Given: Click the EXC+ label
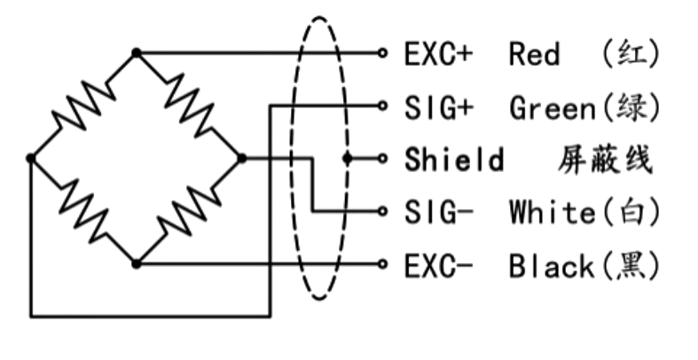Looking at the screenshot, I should tap(438, 54).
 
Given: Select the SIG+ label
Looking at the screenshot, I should tap(438, 107).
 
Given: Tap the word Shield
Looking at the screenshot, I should tap(453, 160).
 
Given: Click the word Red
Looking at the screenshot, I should tap(535, 54).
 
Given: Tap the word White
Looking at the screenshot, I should tap(551, 212).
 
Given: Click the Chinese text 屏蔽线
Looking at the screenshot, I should tap(606, 160).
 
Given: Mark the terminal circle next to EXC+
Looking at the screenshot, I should tap(382, 53).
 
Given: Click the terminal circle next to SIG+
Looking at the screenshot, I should tap(382, 106).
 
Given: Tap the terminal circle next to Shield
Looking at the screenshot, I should tap(382, 159).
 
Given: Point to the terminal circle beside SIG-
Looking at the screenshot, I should tap(382, 211).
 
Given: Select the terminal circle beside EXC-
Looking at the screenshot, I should tap(382, 263).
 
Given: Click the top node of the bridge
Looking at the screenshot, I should tap(136, 53).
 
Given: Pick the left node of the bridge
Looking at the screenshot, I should tap(31, 158).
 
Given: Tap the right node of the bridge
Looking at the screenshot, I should tap(241, 158).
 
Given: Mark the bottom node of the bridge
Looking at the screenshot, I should tap(136, 263).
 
